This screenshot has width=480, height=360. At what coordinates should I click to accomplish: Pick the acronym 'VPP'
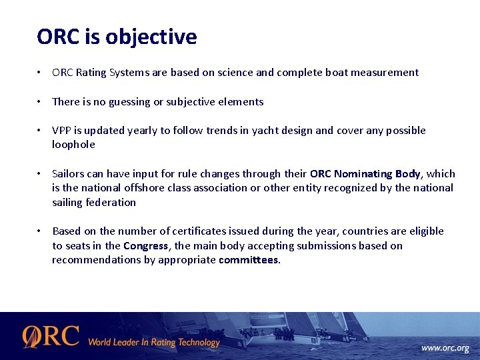[x=62, y=131]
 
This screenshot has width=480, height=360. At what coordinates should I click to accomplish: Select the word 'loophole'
[x=73, y=145]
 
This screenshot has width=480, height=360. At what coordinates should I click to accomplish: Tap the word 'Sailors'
[x=69, y=174]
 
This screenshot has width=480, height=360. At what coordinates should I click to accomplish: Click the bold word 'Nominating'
[x=363, y=174]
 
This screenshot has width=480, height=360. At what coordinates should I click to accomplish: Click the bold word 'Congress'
[x=145, y=246]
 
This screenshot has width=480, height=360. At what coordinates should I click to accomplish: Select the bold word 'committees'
[x=248, y=260]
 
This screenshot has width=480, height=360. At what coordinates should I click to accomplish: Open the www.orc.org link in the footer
[x=445, y=348]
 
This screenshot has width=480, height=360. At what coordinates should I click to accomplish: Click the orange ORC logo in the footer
[x=51, y=337]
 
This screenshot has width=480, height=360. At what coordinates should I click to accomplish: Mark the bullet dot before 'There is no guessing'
[x=41, y=102]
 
